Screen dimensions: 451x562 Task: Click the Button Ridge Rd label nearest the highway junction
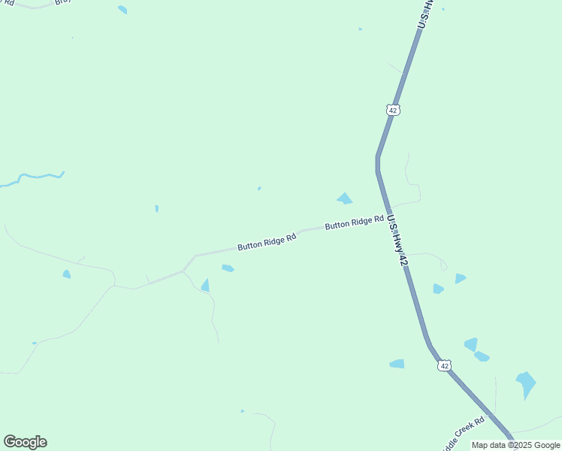pos(349,223)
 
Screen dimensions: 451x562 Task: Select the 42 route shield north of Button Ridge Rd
pos(393,110)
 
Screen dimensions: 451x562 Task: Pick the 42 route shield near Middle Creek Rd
pos(445,365)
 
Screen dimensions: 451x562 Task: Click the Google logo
pos(25,442)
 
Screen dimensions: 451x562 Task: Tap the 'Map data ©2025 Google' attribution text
pos(515,445)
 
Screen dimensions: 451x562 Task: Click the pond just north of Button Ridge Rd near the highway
pos(345,199)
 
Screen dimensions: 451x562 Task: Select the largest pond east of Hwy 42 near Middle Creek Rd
pos(526,384)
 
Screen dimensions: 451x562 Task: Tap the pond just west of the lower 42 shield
pos(397,364)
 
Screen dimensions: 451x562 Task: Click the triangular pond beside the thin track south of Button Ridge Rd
pos(205,285)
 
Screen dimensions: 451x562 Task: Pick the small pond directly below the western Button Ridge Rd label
pos(228,268)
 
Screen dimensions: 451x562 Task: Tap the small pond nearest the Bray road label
pos(122,10)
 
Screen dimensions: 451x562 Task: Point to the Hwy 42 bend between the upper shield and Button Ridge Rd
pos(378,159)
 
